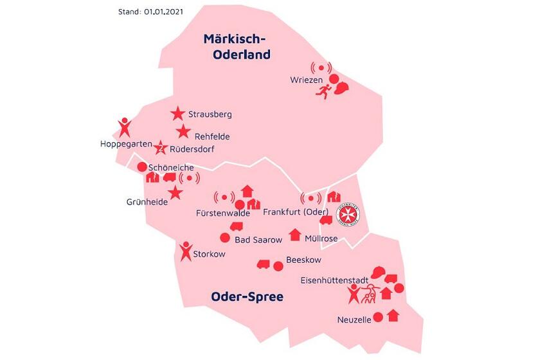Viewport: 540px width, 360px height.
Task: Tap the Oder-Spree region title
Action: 247,297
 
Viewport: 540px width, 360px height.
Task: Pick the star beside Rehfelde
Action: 184,132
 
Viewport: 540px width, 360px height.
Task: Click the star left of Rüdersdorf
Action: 162,148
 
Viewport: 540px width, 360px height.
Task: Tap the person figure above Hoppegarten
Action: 125,126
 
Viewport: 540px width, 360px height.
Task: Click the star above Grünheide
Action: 174,192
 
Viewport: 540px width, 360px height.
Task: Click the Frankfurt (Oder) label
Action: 298,212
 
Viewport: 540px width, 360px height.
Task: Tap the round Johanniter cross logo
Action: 348,214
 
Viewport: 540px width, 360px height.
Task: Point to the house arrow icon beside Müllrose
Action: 294,234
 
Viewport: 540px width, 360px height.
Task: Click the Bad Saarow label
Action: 258,240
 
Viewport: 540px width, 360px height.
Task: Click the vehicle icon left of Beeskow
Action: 263,264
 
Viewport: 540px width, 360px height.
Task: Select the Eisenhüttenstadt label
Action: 334,280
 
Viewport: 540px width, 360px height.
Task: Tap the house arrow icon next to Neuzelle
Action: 393,316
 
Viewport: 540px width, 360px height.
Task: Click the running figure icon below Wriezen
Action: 322,92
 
